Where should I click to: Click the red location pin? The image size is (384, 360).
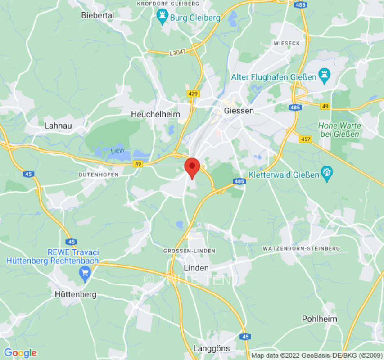pos(192,167)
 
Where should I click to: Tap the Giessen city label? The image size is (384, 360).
pos(239,111)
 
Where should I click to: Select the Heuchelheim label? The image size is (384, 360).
pos(155,115)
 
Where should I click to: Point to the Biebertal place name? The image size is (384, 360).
pos(97,15)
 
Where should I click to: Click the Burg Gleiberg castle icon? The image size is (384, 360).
pos(161,18)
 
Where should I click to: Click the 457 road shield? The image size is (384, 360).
pos(306,139)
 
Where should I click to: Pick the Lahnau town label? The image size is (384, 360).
pos(58,126)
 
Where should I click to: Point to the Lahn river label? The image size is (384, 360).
pos(117,151)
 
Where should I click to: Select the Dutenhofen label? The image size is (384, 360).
pos(99,175)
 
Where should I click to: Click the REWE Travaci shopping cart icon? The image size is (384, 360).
pos(84,272)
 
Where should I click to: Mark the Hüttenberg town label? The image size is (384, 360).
pos(75,294)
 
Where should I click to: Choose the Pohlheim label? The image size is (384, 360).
pos(319,319)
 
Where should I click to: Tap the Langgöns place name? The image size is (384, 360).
pos(211,348)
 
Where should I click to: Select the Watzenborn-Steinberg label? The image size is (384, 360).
pos(301,248)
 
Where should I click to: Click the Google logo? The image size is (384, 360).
pos(20,353)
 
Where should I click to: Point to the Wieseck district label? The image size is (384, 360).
pos(286,43)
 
